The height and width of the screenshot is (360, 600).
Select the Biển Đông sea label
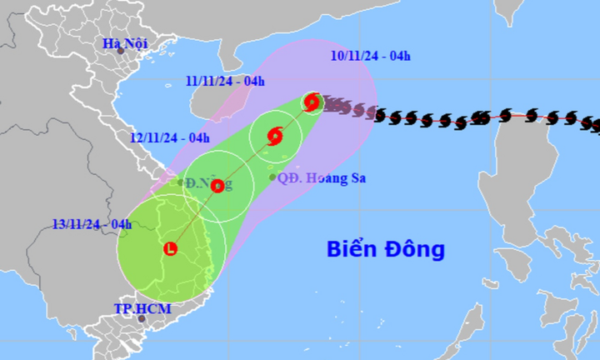click(x=386, y=248)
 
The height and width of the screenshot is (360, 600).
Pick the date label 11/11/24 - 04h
click(x=224, y=81)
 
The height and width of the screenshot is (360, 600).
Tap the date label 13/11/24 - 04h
click(x=92, y=223)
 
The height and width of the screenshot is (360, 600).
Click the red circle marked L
click(x=171, y=248)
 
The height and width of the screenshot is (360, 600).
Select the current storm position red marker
click(x=312, y=102)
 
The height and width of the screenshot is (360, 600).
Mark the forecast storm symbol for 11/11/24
click(x=276, y=136)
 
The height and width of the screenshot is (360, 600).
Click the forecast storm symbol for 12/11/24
click(x=217, y=187)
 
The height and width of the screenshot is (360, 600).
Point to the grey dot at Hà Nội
click(x=120, y=52)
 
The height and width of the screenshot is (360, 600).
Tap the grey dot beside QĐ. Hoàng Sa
click(x=272, y=177)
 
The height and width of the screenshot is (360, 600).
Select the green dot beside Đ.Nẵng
click(x=180, y=182)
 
